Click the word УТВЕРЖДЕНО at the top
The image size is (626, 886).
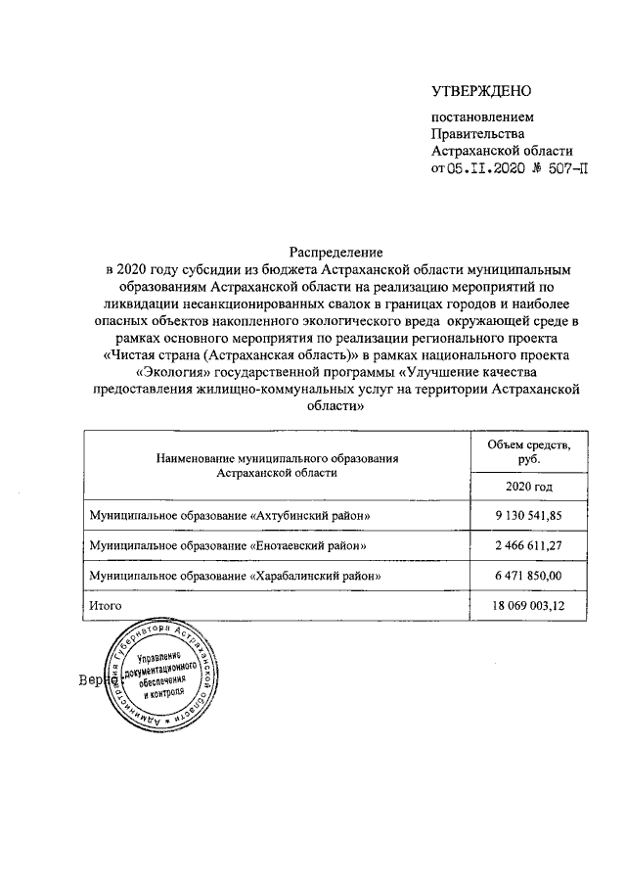tap(481, 92)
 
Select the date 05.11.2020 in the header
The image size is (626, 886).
tap(487, 168)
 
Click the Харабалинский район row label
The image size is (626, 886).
tap(235, 577)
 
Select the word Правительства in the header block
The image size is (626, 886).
tap(478, 134)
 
